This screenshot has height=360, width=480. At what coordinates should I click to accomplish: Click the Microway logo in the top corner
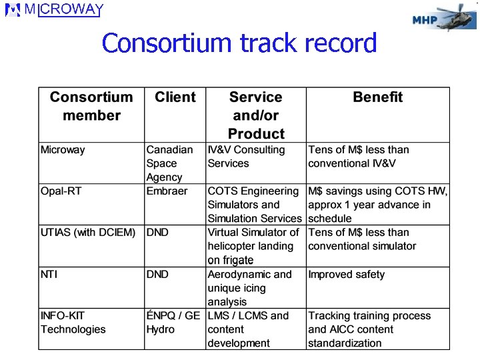click(x=55, y=10)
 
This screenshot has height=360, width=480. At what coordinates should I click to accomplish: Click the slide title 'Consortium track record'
click(x=239, y=43)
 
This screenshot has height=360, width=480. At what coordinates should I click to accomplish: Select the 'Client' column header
click(x=175, y=97)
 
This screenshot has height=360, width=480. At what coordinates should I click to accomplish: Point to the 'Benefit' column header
click(x=377, y=97)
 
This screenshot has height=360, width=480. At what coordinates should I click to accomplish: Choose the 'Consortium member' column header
click(x=91, y=106)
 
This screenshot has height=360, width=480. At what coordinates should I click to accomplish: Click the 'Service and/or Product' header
click(x=256, y=115)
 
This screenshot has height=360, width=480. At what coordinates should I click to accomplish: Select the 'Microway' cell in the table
click(x=63, y=150)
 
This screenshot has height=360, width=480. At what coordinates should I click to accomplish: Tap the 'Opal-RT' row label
click(x=61, y=191)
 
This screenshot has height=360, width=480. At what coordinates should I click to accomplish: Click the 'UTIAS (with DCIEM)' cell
click(x=87, y=233)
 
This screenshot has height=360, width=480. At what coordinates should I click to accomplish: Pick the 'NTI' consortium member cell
click(x=49, y=275)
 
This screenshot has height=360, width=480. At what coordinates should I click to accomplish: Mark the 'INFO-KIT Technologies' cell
click(x=73, y=323)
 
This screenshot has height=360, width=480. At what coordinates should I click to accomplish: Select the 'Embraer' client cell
click(x=167, y=191)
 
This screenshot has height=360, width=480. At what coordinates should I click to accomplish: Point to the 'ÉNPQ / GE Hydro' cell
click(x=173, y=323)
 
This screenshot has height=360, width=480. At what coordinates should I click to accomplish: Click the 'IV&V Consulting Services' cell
click(x=246, y=157)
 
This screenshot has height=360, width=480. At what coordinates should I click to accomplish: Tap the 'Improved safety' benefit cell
click(x=346, y=275)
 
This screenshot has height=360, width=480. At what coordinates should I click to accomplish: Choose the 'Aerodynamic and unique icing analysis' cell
click(x=249, y=288)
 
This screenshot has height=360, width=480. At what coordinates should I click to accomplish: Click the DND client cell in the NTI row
click(x=157, y=275)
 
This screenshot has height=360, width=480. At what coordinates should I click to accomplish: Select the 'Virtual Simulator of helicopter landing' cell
click(x=253, y=246)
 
